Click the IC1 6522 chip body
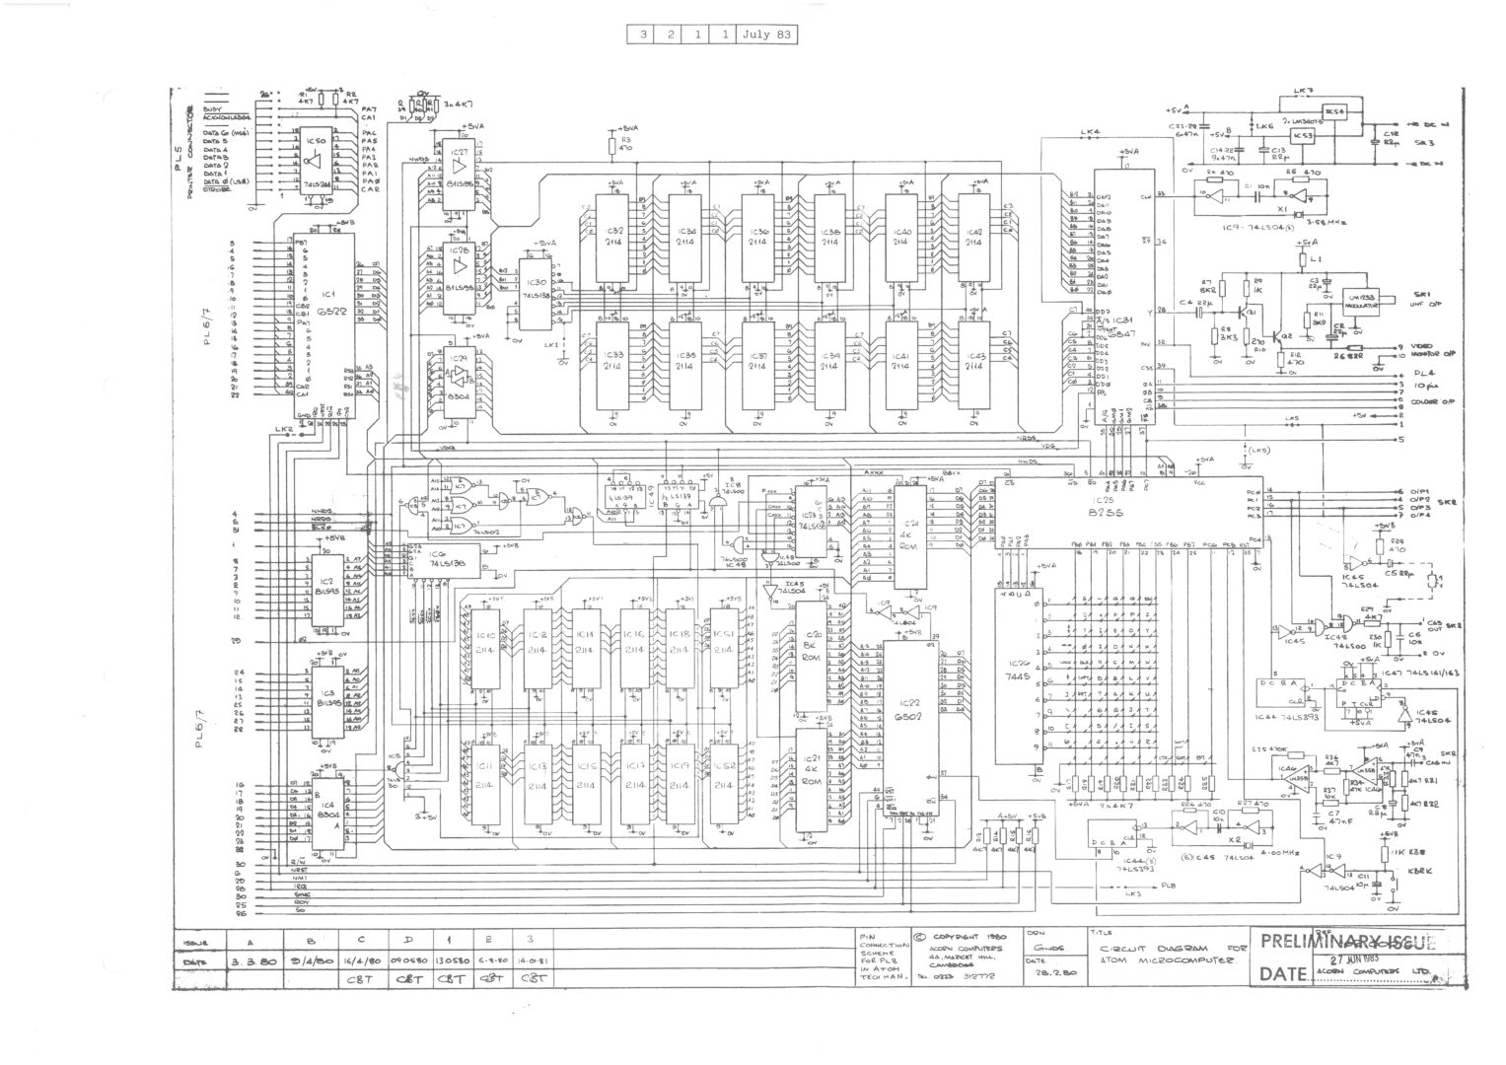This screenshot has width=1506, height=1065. pyautogui.click(x=323, y=325)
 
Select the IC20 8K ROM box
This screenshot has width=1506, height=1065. pyautogui.click(x=814, y=646)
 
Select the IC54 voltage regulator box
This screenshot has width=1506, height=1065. pyautogui.click(x=1334, y=110)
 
